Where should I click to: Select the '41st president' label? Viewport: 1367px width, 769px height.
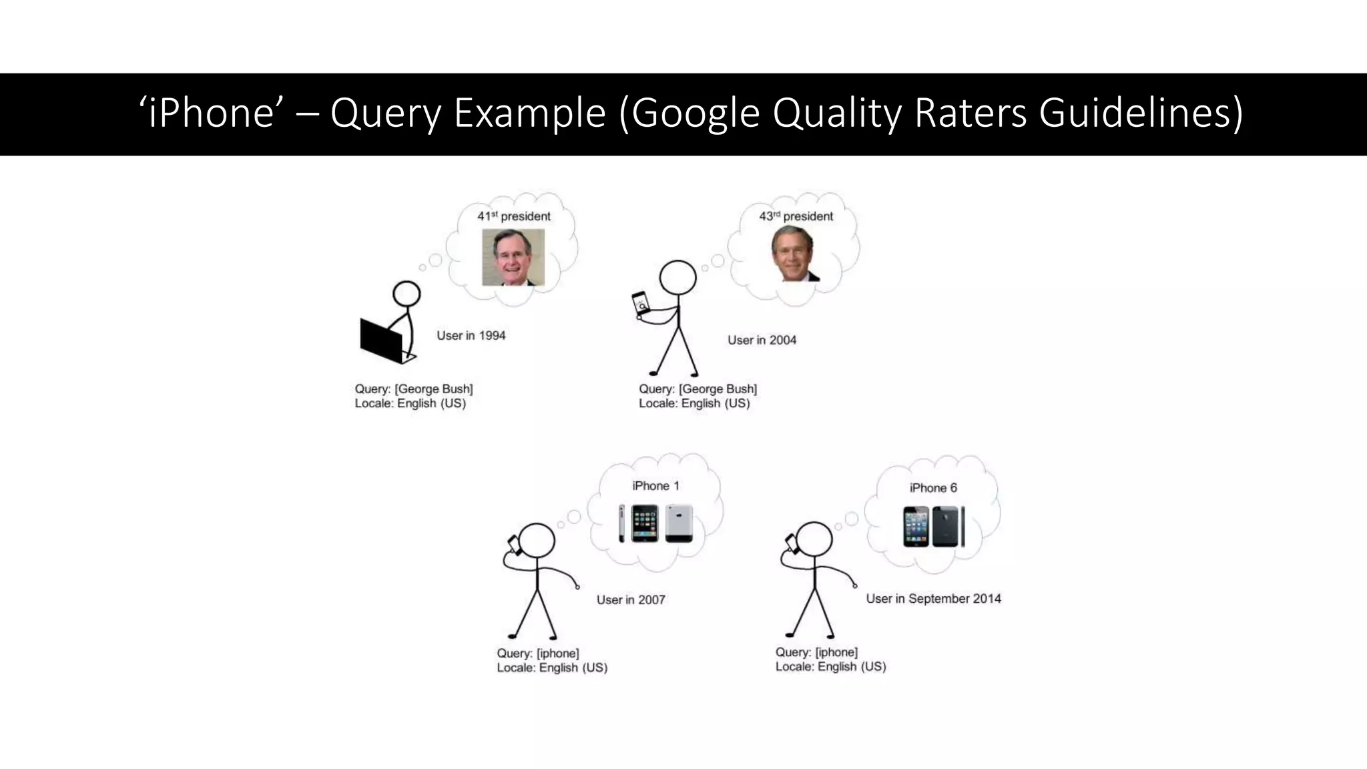[x=514, y=216]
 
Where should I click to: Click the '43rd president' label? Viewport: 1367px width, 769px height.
[x=796, y=216]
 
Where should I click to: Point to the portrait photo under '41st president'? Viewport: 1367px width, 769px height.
[x=513, y=257]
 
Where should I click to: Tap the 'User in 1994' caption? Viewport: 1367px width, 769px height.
[x=471, y=336]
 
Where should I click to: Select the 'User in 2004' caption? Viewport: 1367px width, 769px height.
[x=762, y=340]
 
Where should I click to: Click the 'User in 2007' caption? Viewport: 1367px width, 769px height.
[x=631, y=600]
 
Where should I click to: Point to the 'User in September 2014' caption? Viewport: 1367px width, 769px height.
[x=933, y=599]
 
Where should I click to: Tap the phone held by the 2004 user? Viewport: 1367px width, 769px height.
[x=641, y=305]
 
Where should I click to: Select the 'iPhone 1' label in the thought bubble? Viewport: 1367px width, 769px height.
[x=655, y=486]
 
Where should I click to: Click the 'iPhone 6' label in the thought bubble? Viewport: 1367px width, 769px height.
[x=933, y=488]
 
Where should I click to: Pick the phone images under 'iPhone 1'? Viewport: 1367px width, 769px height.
[x=655, y=523]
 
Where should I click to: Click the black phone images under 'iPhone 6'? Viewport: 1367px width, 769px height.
[x=934, y=527]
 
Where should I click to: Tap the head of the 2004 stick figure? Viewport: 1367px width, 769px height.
[x=677, y=278]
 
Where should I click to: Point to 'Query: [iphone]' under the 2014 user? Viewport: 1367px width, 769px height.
[x=816, y=652]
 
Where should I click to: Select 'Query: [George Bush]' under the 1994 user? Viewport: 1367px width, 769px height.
[x=414, y=389]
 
